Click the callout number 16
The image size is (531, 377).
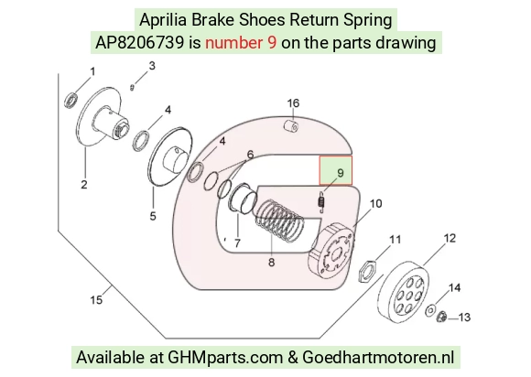tap(293, 103)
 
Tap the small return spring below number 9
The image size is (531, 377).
tap(321, 202)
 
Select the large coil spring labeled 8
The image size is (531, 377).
tap(280, 221)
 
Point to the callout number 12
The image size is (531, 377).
tap(450, 238)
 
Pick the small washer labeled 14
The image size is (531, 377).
tap(431, 310)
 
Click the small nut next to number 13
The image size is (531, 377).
tap(441, 317)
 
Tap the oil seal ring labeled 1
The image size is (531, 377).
tap(71, 100)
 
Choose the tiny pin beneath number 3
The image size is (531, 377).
tap(133, 87)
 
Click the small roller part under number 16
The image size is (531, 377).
tap(291, 125)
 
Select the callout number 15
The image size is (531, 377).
tap(96, 300)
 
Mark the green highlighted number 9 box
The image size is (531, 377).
tap(336, 170)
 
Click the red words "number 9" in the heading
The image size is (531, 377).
tap(241, 43)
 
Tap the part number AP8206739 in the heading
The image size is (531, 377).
tap(140, 43)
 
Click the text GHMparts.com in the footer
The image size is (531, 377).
tap(225, 358)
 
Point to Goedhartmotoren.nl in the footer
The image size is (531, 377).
tap(377, 357)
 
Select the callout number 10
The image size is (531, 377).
tap(375, 204)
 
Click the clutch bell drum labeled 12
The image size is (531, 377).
tap(403, 290)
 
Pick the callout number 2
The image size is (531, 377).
tap(84, 185)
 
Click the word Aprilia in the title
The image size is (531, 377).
tap(163, 20)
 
